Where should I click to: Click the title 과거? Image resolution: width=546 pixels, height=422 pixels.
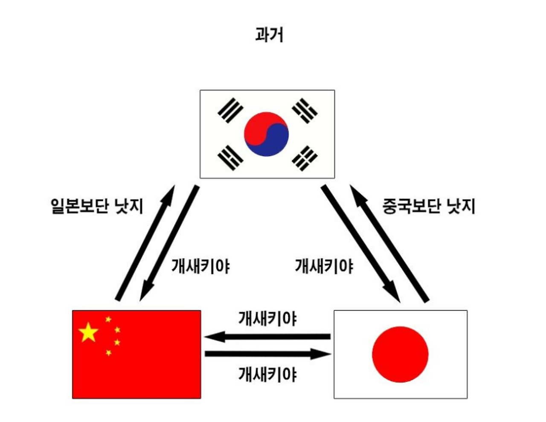[269, 35]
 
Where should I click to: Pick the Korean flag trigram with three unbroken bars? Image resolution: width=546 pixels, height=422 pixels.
[230, 110]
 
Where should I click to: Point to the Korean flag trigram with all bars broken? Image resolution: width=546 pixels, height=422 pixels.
[305, 158]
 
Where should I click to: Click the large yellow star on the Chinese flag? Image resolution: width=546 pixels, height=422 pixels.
[88, 332]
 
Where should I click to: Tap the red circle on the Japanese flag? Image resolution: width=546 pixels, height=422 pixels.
[400, 354]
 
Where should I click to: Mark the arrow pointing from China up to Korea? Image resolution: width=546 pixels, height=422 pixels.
[145, 243]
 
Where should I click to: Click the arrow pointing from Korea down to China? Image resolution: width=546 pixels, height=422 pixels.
[169, 243]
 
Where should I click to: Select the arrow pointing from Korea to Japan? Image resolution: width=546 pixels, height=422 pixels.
[360, 243]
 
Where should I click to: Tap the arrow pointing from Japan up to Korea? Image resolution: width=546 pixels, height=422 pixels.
[389, 243]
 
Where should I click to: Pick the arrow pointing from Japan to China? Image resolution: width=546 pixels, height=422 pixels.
[267, 337]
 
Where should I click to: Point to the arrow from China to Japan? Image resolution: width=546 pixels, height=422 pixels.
[267, 354]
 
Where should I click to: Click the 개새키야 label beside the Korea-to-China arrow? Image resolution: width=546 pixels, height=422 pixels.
[200, 266]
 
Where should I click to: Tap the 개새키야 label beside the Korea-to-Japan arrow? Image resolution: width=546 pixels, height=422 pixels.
[324, 266]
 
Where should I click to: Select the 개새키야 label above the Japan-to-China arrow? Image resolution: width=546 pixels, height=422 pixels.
[267, 319]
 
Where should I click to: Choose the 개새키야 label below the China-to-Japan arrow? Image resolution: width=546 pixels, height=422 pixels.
[267, 374]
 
